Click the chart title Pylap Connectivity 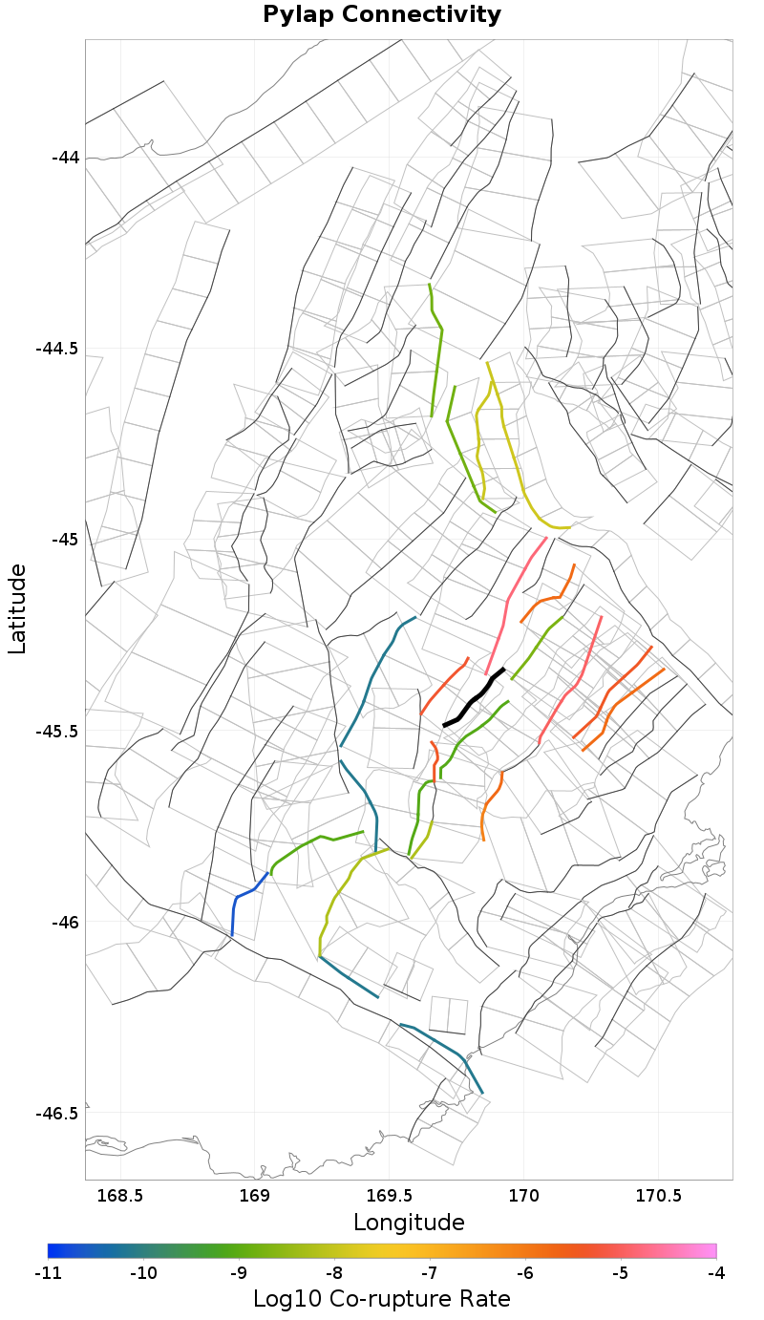(x=382, y=15)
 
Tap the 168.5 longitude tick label (x=120, y=1195)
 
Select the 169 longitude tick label (x=255, y=1195)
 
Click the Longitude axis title (x=409, y=1223)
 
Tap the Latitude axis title (x=17, y=608)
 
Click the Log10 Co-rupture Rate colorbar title (x=382, y=1299)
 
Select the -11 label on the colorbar (x=48, y=1273)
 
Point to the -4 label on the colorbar (x=716, y=1273)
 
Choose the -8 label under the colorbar (x=334, y=1273)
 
